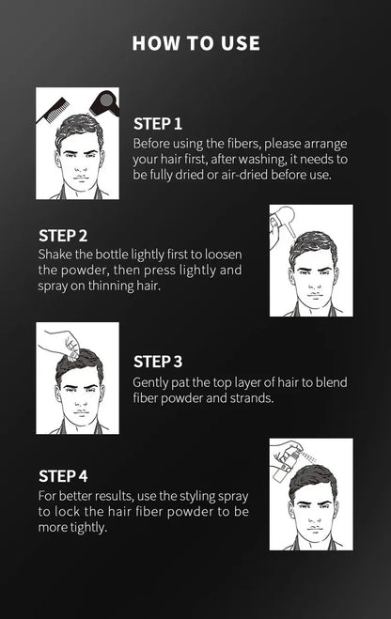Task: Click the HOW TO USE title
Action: pyautogui.click(x=195, y=43)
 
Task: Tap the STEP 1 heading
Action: pyautogui.click(x=158, y=123)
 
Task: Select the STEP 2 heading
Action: pyautogui.click(x=63, y=235)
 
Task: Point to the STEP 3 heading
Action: pyautogui.click(x=158, y=361)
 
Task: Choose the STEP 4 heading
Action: pyautogui.click(x=63, y=474)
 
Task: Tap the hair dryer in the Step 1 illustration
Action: pyautogui.click(x=102, y=102)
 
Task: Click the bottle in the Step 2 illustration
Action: pyautogui.click(x=281, y=224)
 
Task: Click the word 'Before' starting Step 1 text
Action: pyautogui.click(x=154, y=144)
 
